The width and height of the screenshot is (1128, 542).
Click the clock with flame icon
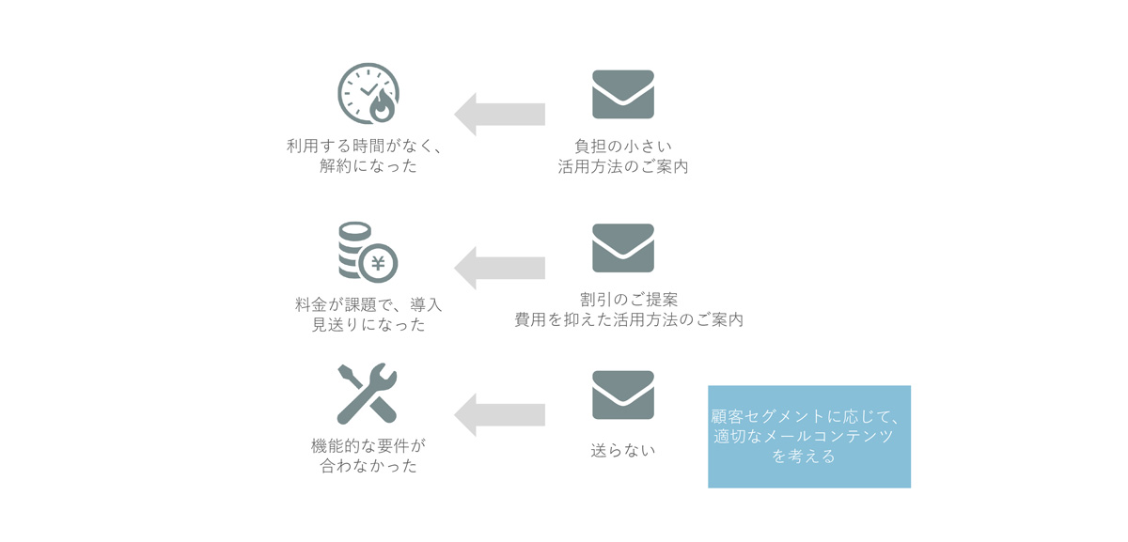click(x=368, y=94)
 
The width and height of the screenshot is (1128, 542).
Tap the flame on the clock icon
click(x=382, y=107)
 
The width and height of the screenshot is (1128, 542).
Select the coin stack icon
click(x=368, y=252)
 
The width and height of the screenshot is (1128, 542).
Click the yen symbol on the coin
click(x=378, y=263)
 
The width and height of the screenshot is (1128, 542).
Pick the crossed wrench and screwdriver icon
click(x=368, y=394)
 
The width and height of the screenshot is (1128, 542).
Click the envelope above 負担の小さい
click(x=623, y=94)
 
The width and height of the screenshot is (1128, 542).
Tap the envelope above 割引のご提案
click(x=623, y=248)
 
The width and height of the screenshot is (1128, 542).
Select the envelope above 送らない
click(x=623, y=395)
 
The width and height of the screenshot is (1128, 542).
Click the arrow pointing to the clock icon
click(x=499, y=115)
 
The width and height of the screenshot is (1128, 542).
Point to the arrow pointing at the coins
click(x=499, y=269)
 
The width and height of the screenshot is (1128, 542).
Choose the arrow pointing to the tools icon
click(x=499, y=415)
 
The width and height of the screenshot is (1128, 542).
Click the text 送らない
click(x=623, y=450)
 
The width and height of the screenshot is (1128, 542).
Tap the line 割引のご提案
click(x=629, y=300)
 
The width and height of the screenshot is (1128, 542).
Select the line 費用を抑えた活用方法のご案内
click(x=629, y=320)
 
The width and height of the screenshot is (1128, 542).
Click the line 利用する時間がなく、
click(x=365, y=146)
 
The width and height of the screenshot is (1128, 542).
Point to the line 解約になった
click(x=368, y=166)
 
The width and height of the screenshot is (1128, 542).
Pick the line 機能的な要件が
click(x=368, y=446)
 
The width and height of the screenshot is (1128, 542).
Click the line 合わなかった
click(x=368, y=466)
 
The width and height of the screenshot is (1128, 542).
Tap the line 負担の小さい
click(x=623, y=147)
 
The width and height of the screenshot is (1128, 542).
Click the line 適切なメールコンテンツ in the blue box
click(x=803, y=436)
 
